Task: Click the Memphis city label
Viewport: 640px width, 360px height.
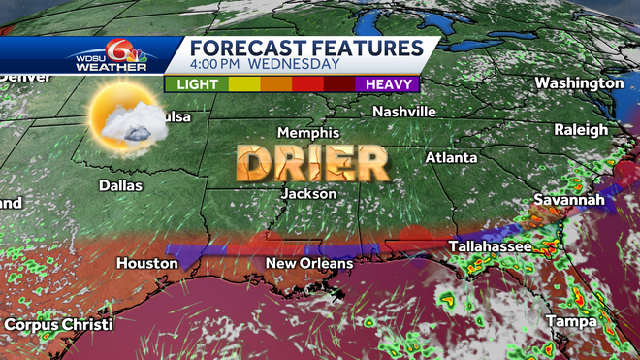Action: (308, 132)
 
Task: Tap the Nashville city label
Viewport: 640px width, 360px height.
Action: (404, 112)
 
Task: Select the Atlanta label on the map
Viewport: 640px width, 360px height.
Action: (451, 157)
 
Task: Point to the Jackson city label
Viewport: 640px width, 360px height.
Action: (308, 194)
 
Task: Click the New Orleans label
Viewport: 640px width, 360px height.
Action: (309, 263)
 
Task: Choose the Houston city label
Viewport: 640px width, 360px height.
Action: (147, 263)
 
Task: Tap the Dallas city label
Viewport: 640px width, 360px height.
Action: (120, 185)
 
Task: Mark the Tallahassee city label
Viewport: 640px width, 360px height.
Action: (490, 247)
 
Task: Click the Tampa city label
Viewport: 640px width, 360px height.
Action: (570, 320)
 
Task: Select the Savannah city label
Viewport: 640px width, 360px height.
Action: (569, 200)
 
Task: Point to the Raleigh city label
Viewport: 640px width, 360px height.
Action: (581, 129)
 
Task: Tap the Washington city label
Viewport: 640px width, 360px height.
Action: (579, 82)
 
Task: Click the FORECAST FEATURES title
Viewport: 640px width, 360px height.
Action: (305, 49)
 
